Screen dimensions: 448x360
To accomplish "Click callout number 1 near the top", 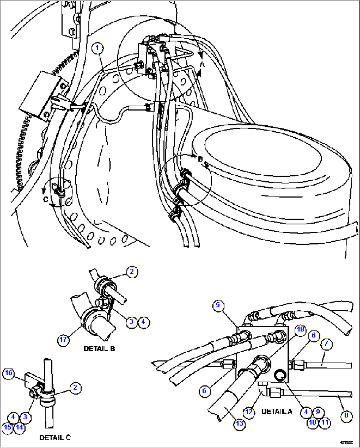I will pyautogui.click(x=97, y=48).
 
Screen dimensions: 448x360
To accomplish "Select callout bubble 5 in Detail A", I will pyautogui.click(x=218, y=305).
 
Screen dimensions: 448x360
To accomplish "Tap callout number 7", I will pyautogui.click(x=326, y=343).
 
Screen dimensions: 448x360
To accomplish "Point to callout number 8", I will pyautogui.click(x=346, y=415).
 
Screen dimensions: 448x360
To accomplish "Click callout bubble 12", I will pyautogui.click(x=249, y=412).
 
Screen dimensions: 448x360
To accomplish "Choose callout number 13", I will pyautogui.click(x=239, y=423).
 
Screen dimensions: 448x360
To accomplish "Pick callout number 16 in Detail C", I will pyautogui.click(x=9, y=373).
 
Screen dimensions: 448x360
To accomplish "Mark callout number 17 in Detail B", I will pyautogui.click(x=63, y=340).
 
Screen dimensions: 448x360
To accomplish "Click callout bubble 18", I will pyautogui.click(x=300, y=329).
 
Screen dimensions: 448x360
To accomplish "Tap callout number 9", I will pyautogui.click(x=318, y=412).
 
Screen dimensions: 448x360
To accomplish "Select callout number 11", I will pyautogui.click(x=325, y=422).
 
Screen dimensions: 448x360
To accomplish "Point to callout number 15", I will pyautogui.click(x=8, y=427).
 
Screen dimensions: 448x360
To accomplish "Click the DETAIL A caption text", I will pyautogui.click(x=276, y=412).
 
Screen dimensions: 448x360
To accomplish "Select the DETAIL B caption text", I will pyautogui.click(x=99, y=349).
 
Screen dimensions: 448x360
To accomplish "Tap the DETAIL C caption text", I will pyautogui.click(x=55, y=437).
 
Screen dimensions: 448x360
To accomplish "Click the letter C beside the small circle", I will pyautogui.click(x=46, y=199).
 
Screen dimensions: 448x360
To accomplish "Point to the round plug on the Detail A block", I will pyautogui.click(x=280, y=375).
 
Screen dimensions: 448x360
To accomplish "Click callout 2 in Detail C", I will pyautogui.click(x=75, y=388).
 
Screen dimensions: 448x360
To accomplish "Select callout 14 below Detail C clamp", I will pyautogui.click(x=19, y=427).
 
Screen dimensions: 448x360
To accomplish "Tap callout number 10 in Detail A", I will pyautogui.click(x=312, y=422).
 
